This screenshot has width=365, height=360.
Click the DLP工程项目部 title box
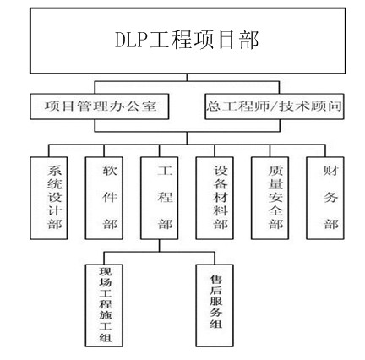[x=188, y=41]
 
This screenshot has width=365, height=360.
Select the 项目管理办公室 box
[x=100, y=106]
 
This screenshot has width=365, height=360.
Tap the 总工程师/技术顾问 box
[x=275, y=106]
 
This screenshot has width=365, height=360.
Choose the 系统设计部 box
[x=49, y=198]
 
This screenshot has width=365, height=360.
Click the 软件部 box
[x=104, y=198]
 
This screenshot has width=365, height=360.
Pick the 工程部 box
[x=159, y=198]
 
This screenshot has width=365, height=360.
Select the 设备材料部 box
[x=215, y=198]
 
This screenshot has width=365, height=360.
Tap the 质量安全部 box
[x=270, y=198]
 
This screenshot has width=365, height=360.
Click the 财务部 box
[x=325, y=198]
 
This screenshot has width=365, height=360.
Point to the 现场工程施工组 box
[x=104, y=305]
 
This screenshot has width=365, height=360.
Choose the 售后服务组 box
[x=215, y=305]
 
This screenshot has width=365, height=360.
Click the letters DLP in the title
[x=132, y=40]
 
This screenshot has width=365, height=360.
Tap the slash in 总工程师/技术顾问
[x=274, y=106]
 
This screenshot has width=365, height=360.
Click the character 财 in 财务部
[x=330, y=171]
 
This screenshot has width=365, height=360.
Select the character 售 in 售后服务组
[x=216, y=280]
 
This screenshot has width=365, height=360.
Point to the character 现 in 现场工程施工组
[x=106, y=272]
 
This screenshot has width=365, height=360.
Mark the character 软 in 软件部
[x=110, y=171]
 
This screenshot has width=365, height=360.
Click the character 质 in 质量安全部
[x=275, y=171]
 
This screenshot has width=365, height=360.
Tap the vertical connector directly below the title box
[x=187, y=78]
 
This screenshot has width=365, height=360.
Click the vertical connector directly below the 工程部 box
[x=159, y=246]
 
